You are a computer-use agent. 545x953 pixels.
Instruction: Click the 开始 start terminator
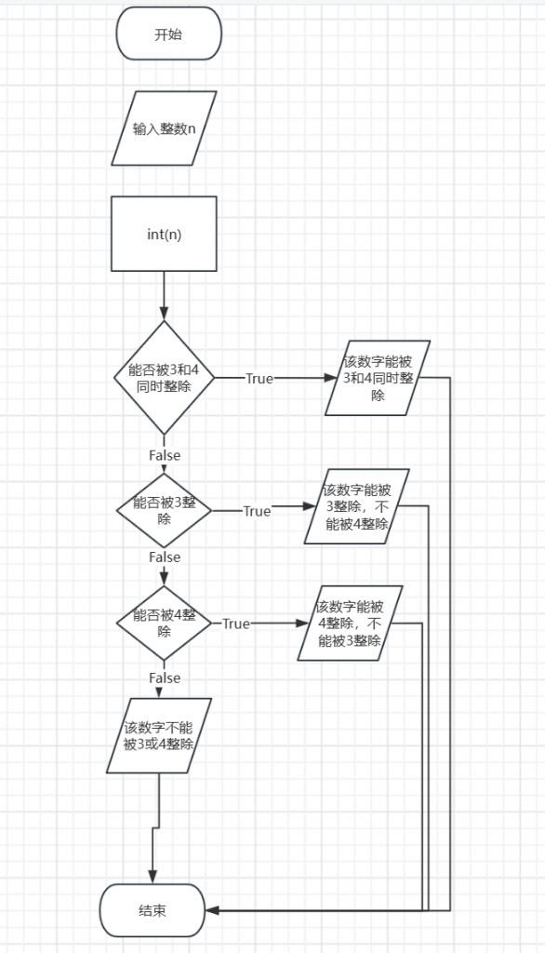coord(169,34)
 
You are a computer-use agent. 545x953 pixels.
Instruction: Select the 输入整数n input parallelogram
coord(164,128)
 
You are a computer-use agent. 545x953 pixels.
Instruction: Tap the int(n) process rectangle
coord(164,234)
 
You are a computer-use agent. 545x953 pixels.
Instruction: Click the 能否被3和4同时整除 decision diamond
coord(164,378)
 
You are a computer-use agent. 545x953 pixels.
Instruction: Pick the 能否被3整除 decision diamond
coord(164,511)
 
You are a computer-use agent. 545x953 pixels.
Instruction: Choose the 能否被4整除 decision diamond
coord(164,623)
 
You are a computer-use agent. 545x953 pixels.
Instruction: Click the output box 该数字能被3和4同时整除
coord(378,378)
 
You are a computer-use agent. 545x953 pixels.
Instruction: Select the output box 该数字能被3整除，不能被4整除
coord(356,506)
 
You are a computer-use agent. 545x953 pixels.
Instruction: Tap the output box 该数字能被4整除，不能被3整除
coord(350,623)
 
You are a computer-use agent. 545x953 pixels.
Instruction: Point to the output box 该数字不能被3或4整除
coord(159,735)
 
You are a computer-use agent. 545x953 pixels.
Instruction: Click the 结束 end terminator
coord(153,910)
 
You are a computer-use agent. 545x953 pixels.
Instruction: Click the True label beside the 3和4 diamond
coord(259,379)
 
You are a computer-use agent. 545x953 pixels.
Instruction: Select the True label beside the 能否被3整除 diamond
coord(257,511)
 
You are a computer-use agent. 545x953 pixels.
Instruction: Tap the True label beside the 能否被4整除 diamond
coord(236,624)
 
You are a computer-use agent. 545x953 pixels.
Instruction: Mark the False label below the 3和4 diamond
coord(165,455)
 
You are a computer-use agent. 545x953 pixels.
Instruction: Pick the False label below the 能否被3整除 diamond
coord(165,557)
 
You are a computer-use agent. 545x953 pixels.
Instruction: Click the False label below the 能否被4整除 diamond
coord(165,678)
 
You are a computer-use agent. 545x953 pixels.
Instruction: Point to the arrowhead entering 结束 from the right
coord(211,910)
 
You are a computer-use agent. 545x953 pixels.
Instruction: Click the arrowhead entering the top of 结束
coord(153,877)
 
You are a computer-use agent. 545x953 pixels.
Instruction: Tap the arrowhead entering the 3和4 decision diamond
coord(164,314)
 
